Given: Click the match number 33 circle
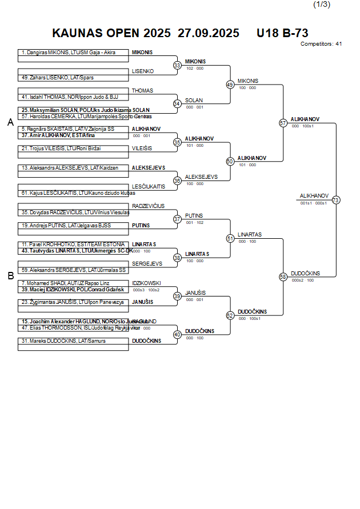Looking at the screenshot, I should tap(177, 66).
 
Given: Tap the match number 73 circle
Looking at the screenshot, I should tap(336, 200).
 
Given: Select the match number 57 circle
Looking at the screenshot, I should tap(283, 123).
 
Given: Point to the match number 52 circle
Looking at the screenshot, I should tap(230, 315).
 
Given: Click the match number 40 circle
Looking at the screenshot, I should tap(177, 334).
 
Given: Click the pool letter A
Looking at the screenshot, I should tap(10, 122).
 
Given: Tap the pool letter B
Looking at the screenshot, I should tap(10, 276).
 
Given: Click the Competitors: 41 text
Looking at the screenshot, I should tap(321, 43).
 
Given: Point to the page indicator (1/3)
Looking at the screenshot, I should tap(322, 5).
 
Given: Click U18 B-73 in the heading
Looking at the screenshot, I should tap(282, 33).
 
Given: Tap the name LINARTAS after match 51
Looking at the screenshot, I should tap(250, 235).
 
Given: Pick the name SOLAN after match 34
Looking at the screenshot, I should tap(194, 100).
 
